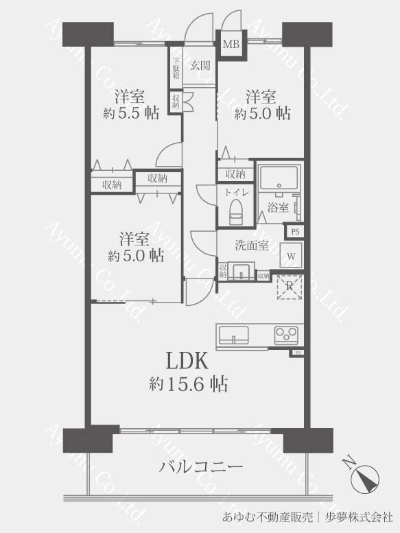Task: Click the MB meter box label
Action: pyautogui.click(x=231, y=44)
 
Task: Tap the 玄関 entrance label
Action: pyautogui.click(x=200, y=65)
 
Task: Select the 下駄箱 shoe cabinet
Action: pyautogui.click(x=176, y=68)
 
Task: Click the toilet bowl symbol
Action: pyautogui.click(x=235, y=212)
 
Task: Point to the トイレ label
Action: pyautogui.click(x=236, y=192)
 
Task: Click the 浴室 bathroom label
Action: pyautogui.click(x=278, y=207)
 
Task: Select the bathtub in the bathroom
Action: pyautogui.click(x=279, y=178)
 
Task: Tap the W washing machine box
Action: pyautogui.click(x=291, y=254)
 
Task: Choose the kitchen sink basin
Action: pyautogui.click(x=233, y=335)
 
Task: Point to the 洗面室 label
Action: pyautogui.click(x=252, y=245)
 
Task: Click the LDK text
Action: pyautogui.click(x=187, y=361)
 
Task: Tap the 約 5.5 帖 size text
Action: pyautogui.click(x=131, y=112)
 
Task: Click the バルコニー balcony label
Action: pyautogui.click(x=201, y=466)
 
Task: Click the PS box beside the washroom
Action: pyautogui.click(x=295, y=232)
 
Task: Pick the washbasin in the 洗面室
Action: pyautogui.click(x=241, y=271)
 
